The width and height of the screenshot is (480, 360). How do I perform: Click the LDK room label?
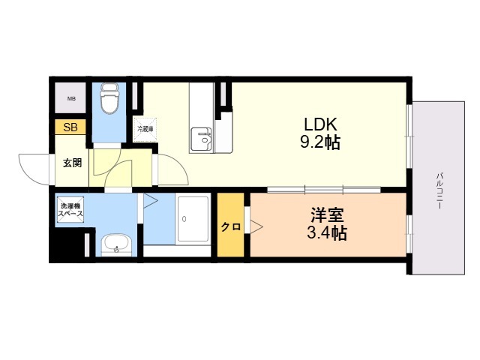pos(320,124)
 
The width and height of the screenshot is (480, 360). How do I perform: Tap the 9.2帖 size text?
pos(320,142)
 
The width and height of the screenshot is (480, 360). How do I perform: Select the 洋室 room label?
pos(327,215)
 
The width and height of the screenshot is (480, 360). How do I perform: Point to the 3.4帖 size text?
pos(327,233)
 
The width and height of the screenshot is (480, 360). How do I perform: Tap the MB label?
pos(71,98)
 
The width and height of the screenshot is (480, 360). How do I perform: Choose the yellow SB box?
pos(70,127)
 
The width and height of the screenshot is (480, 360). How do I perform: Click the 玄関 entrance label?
pos(73,163)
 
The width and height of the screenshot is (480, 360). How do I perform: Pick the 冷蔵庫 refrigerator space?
pos(145,129)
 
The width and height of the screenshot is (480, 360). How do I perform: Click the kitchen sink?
pos(201,139)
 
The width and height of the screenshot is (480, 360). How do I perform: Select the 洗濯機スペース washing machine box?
pos(70,210)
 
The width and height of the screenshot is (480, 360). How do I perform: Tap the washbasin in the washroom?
pos(117,244)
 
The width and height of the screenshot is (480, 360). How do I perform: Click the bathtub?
pos(193,219)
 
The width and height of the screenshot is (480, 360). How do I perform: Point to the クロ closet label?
pos(230,227)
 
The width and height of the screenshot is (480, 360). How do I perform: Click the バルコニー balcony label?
pos(439,191)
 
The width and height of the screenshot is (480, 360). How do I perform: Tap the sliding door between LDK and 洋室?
pos(324,190)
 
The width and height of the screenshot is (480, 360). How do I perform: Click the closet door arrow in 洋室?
pos(256,226)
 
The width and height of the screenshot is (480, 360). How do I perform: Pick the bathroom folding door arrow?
pos(150,201)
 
